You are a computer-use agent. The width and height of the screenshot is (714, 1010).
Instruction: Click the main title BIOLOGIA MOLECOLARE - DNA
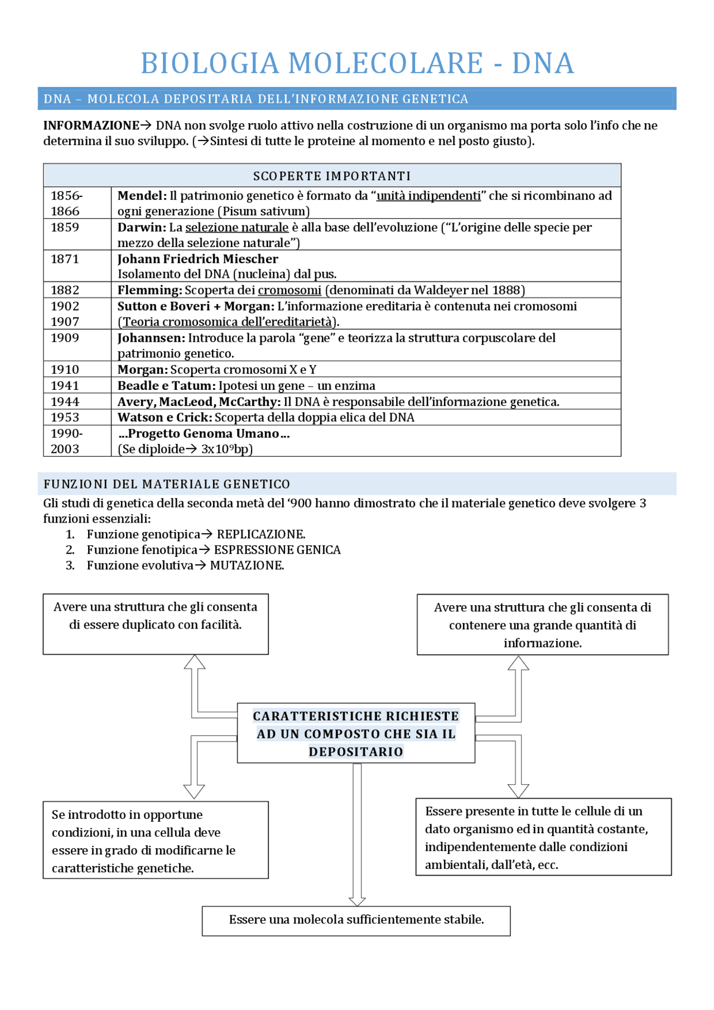tap(357, 62)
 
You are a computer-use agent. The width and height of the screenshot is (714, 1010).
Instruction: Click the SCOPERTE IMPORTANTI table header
tap(332, 176)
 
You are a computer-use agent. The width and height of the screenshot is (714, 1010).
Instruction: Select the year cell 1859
tap(65, 228)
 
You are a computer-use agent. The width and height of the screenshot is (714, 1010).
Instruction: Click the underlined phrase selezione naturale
tap(237, 228)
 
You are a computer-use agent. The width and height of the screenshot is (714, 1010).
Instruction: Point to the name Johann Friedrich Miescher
tap(197, 259)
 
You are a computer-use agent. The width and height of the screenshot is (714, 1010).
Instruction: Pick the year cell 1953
tap(65, 418)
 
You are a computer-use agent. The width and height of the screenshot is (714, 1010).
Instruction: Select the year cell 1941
tap(65, 386)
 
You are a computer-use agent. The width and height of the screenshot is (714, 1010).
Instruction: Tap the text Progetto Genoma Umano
tap(204, 434)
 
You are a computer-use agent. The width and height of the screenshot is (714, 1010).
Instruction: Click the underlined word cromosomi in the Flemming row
tap(290, 291)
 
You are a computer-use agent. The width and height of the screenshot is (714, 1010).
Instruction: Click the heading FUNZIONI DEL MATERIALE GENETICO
tap(167, 484)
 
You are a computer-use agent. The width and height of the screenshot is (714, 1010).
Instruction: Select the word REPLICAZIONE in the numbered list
tap(260, 534)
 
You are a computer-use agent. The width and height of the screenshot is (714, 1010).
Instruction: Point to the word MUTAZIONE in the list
tap(247, 566)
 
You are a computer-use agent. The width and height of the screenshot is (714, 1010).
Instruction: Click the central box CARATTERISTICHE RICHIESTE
tap(356, 733)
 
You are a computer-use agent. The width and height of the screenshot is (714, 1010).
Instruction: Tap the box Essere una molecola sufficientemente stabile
tap(356, 920)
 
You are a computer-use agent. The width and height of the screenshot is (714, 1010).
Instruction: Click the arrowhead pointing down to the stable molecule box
tap(357, 901)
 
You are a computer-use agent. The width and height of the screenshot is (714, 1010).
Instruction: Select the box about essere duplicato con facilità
tap(156, 624)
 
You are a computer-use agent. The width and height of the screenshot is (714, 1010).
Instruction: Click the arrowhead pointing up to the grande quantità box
tap(518, 663)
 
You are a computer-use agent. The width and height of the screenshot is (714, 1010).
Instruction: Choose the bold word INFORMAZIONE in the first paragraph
tap(91, 125)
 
